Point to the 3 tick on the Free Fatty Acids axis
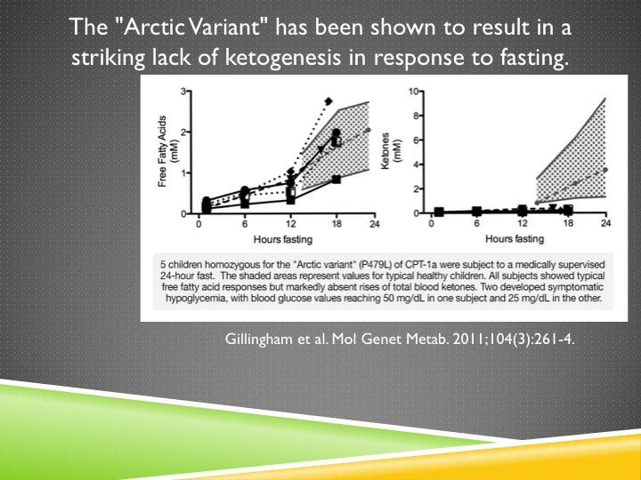(183, 92)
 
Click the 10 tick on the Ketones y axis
(413, 92)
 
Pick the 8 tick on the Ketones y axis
(415, 116)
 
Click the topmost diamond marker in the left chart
(329, 101)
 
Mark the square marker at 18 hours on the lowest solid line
(336, 180)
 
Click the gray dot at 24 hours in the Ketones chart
(605, 169)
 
